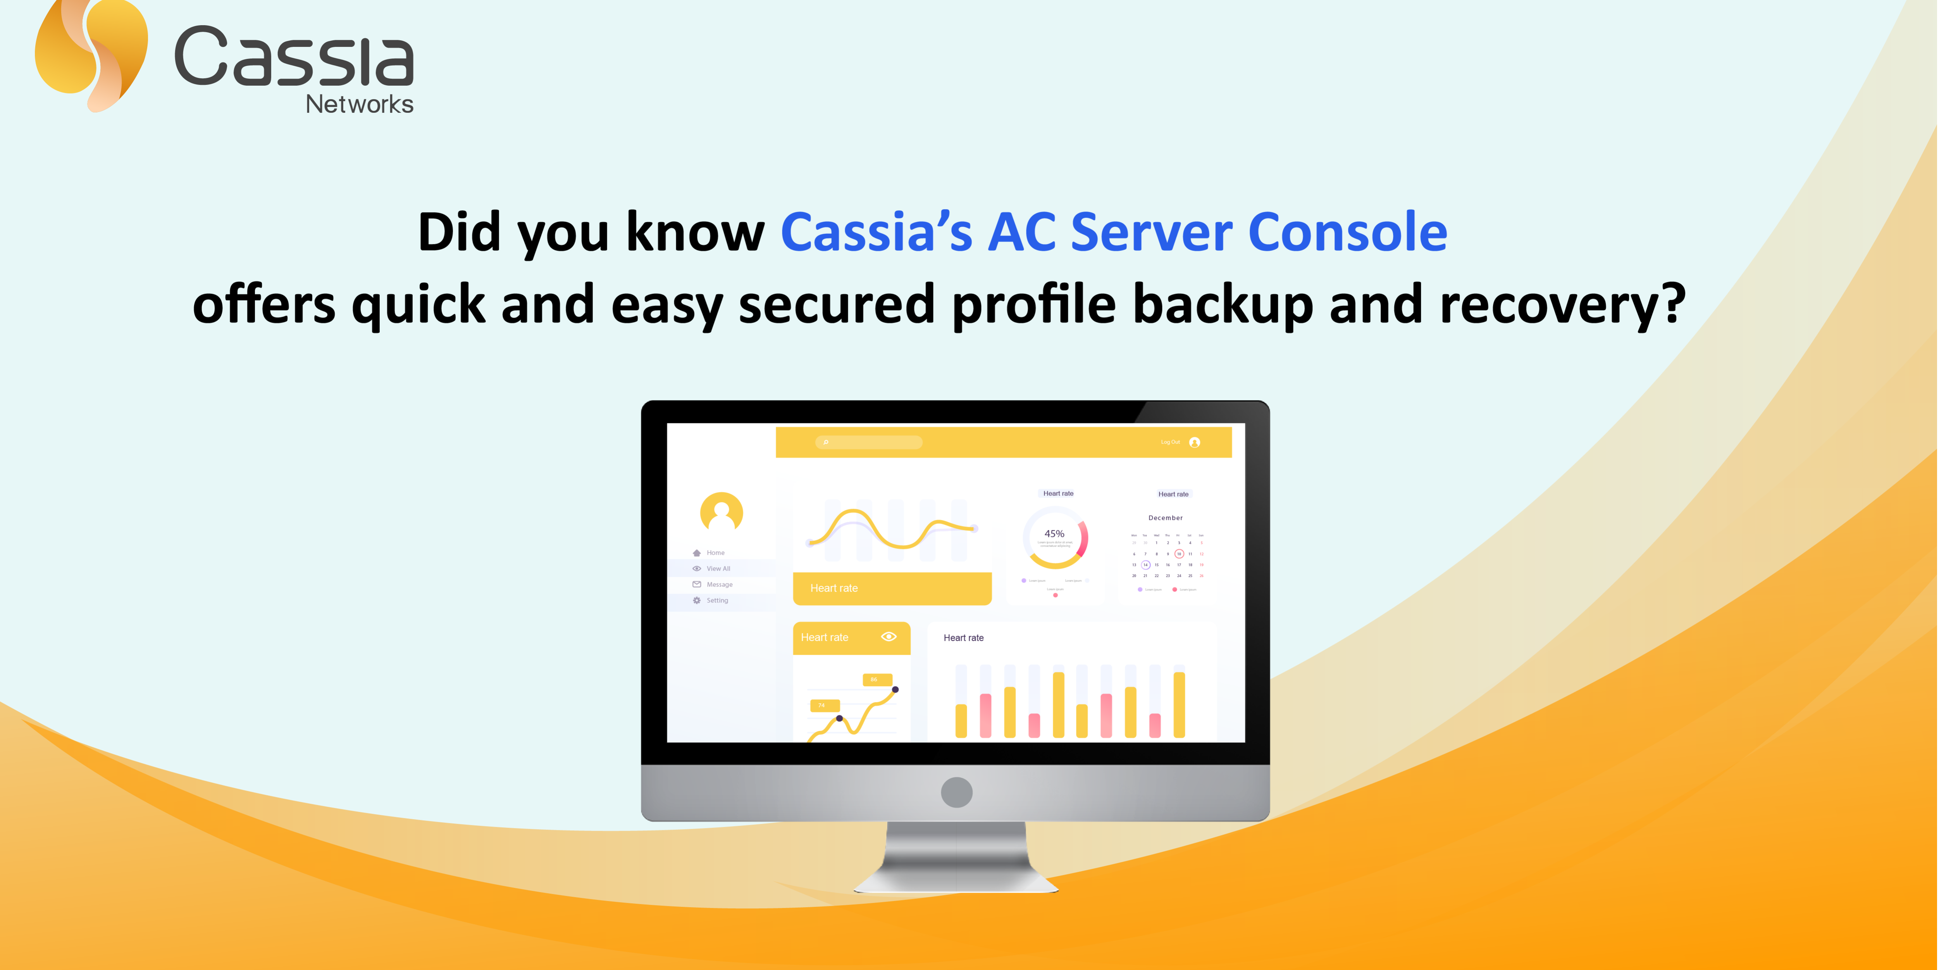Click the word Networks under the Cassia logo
[359, 104]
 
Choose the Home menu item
[715, 553]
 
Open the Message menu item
[719, 584]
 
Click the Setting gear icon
[697, 600]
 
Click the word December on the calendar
[1165, 518]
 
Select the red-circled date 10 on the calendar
[1179, 554]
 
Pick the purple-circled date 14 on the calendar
[1146, 565]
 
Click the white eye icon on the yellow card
[889, 636]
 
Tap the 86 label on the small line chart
[874, 679]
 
